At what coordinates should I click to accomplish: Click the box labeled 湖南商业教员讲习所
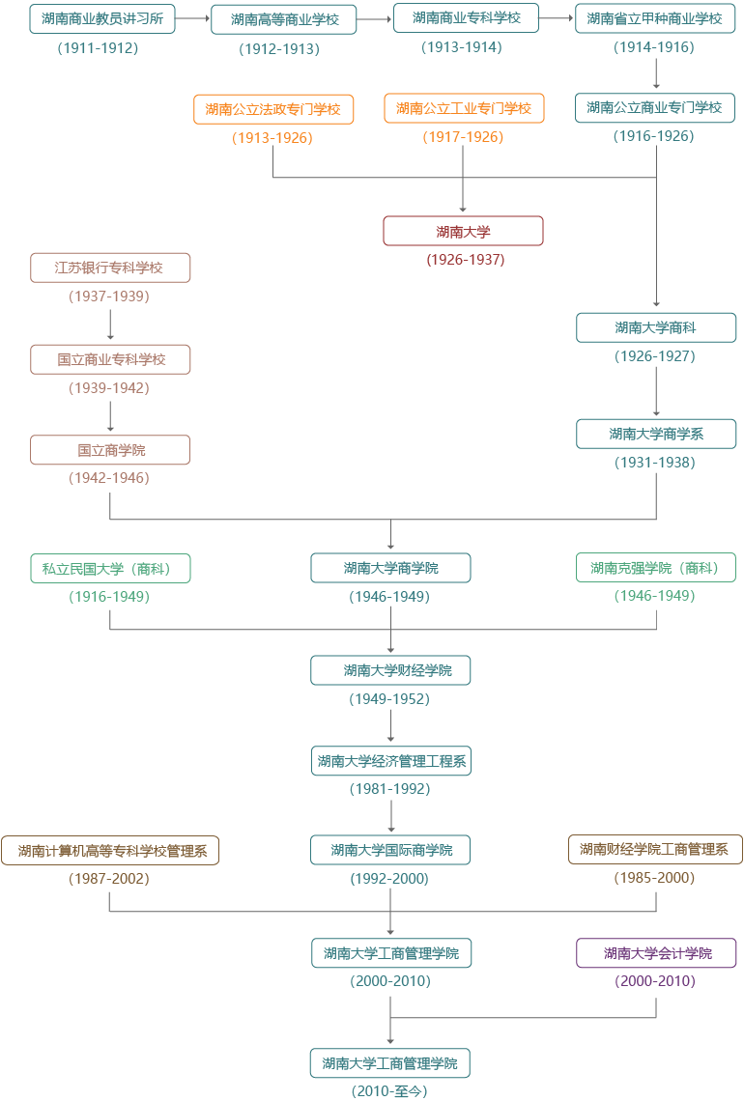(101, 19)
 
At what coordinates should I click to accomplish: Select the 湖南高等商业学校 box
(284, 19)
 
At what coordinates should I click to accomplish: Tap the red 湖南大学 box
(463, 231)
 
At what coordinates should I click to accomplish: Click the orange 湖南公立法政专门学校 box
(273, 109)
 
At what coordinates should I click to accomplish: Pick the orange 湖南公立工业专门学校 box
(464, 109)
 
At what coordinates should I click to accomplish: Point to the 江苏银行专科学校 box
(110, 268)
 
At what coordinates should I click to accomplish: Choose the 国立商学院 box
(110, 450)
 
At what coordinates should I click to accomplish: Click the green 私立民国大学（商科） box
(110, 569)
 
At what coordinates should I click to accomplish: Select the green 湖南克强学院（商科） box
(656, 568)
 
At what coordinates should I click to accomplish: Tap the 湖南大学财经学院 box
(390, 670)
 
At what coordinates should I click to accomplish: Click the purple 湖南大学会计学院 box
(656, 953)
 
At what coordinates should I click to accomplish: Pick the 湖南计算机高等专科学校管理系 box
(110, 850)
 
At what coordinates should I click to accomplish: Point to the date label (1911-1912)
(98, 48)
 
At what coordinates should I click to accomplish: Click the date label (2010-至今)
(389, 1090)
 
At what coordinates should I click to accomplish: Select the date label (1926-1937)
(466, 260)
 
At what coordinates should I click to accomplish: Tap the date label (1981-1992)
(390, 789)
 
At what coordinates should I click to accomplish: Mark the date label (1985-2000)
(655, 878)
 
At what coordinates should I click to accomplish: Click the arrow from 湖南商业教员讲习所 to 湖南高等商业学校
(193, 18)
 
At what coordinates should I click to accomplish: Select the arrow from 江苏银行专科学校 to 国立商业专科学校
(110, 325)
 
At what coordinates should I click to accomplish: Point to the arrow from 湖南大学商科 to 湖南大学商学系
(656, 391)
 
